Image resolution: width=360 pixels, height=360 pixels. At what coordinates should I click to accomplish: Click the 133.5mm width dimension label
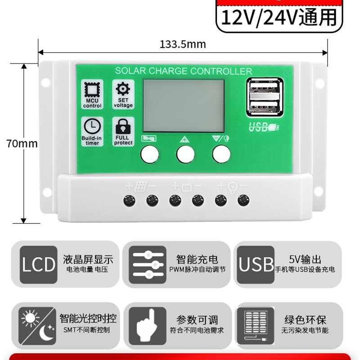[182, 44]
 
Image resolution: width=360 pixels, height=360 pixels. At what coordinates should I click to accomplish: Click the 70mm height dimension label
[22, 144]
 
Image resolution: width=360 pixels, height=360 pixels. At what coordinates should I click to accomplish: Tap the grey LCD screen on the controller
[184, 106]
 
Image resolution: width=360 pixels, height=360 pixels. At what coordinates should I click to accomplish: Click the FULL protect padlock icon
[123, 126]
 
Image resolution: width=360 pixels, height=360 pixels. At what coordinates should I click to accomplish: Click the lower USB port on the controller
[263, 107]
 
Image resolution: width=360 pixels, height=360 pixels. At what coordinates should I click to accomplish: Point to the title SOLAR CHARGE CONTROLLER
[184, 71]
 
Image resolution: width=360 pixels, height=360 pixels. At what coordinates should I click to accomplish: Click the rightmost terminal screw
[243, 200]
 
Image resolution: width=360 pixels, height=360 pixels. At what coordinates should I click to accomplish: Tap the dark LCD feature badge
[39, 265]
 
